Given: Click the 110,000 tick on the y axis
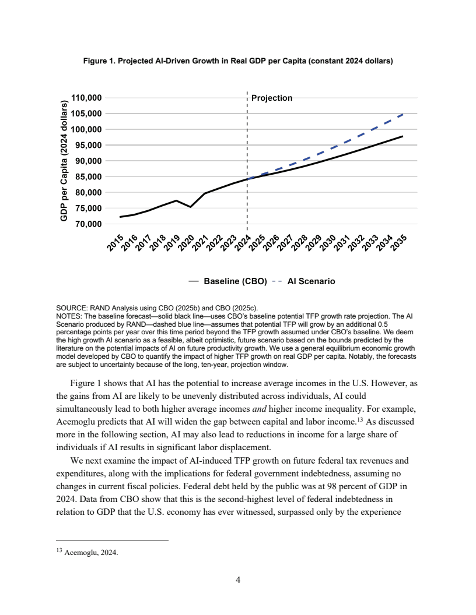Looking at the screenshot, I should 86,98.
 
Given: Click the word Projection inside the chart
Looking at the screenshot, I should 271,98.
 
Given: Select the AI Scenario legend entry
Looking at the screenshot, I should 311,281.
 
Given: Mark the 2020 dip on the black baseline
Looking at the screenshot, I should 191,207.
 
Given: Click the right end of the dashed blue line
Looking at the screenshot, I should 402,115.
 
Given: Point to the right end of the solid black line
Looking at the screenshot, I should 402,136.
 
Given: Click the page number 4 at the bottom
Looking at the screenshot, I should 238,579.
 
